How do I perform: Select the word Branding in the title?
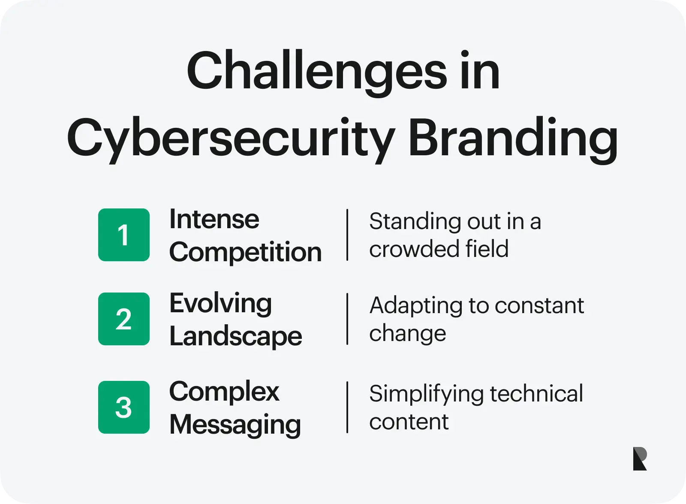pos(513,138)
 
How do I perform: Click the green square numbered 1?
pos(124,235)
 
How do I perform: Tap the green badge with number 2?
pos(124,319)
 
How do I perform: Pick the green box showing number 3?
pos(124,407)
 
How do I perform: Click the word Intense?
pos(214,220)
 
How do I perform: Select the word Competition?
pos(245,252)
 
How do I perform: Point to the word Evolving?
pos(220,304)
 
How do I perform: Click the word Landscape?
pos(235,336)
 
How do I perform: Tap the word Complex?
pos(224,392)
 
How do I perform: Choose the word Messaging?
pos(235,425)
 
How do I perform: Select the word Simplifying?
pos(426,394)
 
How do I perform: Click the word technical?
pos(536,393)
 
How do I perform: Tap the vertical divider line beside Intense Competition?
pos(347,235)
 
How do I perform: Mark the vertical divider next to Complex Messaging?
pos(347,407)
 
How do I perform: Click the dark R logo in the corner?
pos(640,459)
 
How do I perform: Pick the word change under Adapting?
pos(407,334)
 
